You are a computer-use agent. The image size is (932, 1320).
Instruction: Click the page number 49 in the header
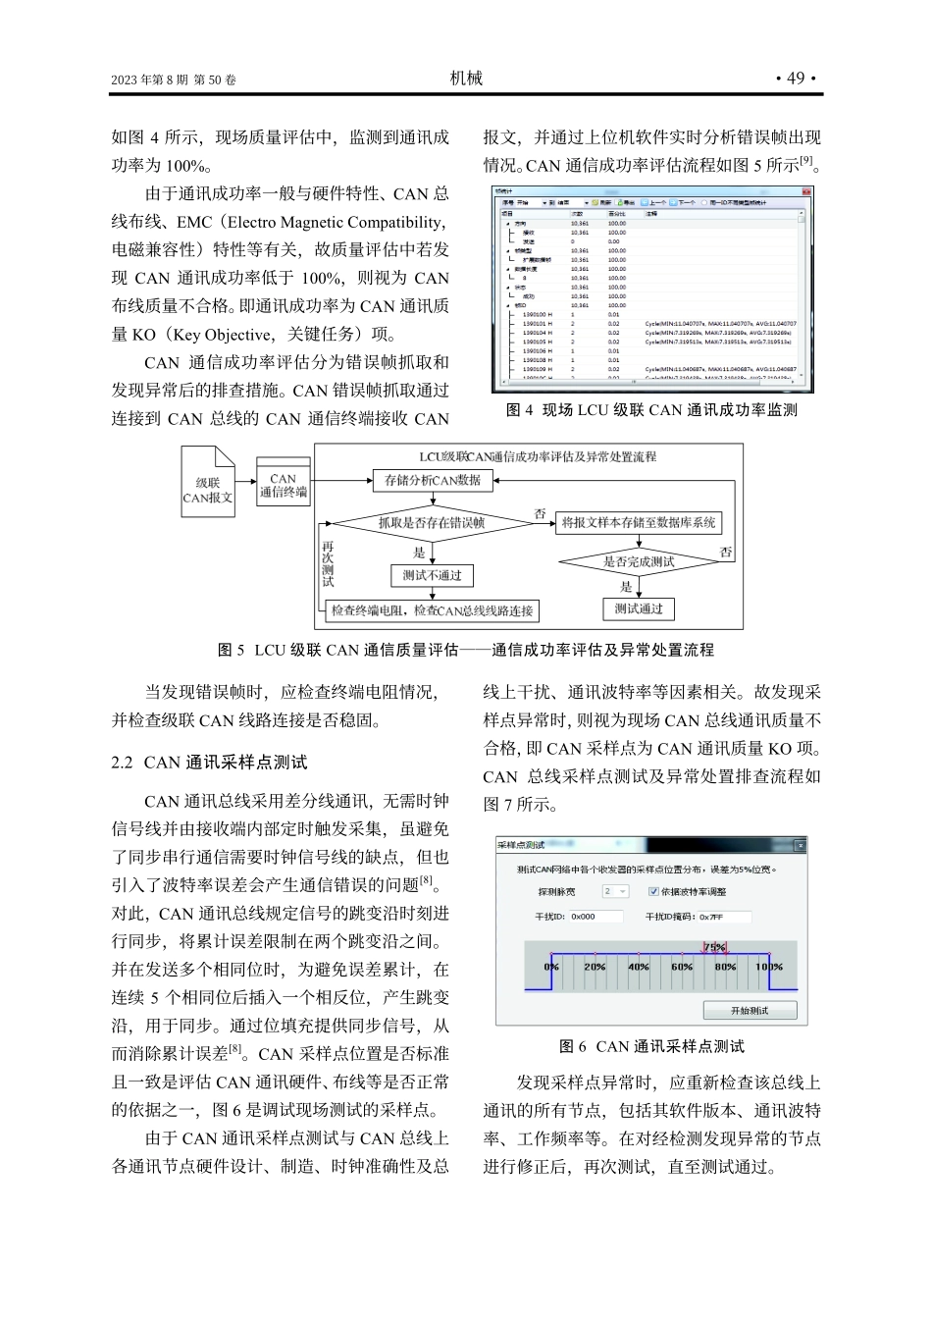[796, 79]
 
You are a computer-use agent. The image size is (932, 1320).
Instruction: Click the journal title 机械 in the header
[466, 79]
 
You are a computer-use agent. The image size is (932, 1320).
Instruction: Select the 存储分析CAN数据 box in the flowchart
[433, 480]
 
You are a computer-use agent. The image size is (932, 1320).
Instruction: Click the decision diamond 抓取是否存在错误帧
[432, 523]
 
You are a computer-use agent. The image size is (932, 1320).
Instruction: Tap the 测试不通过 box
[432, 575]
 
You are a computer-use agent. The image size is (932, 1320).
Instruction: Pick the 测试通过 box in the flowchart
[639, 608]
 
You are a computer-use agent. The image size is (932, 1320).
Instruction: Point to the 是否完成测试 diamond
[639, 562]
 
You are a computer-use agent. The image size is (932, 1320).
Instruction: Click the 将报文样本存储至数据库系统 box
[639, 523]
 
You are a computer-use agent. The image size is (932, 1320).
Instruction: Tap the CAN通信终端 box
[284, 485]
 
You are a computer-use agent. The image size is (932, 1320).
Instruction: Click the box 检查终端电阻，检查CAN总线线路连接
[432, 610]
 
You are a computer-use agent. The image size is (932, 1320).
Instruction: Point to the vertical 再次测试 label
[328, 563]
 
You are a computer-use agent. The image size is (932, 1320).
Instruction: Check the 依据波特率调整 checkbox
[653, 891]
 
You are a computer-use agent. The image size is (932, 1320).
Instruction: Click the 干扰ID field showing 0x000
[595, 917]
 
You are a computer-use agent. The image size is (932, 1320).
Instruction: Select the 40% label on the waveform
[639, 967]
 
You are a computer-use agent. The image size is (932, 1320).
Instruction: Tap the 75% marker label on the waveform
[714, 947]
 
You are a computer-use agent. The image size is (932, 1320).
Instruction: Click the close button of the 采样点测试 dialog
[800, 845]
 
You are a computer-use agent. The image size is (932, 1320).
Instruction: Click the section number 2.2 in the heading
[123, 763]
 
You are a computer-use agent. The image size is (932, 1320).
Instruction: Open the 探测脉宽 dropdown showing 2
[615, 891]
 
